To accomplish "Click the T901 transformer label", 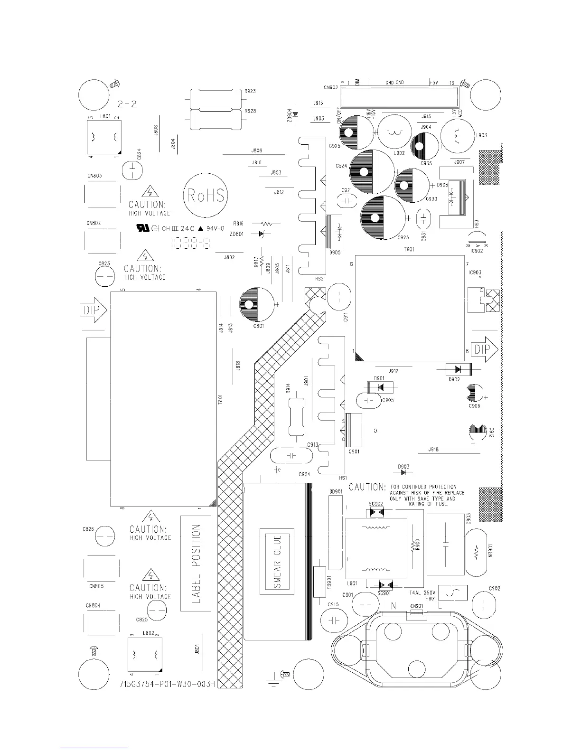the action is coord(409,250).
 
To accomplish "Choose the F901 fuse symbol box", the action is coord(452,593).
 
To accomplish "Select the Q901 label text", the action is coord(354,451).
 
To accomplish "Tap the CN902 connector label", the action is coord(331,87).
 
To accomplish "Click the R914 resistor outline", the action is coord(296,417).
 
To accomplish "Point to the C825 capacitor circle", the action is coord(157,609).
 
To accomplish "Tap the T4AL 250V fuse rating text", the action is coord(422,593).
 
